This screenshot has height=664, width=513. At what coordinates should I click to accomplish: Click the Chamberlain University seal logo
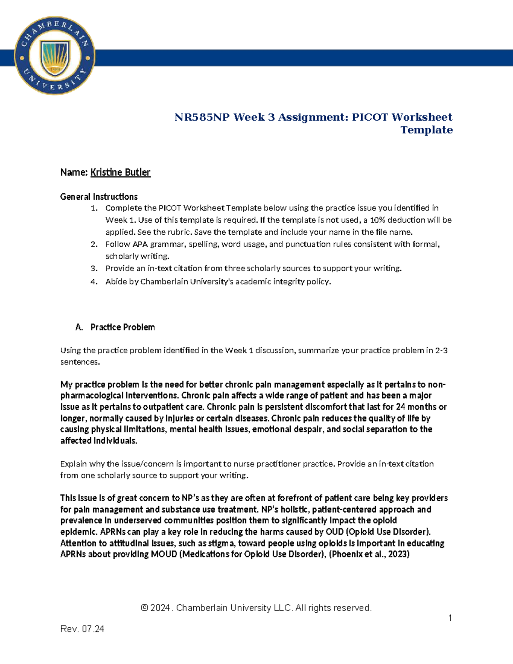tap(54, 56)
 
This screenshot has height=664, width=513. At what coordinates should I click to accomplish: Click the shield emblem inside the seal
tap(55, 57)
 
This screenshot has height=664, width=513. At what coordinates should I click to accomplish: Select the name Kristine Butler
tap(120, 172)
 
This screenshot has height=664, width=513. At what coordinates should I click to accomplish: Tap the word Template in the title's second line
tap(426, 130)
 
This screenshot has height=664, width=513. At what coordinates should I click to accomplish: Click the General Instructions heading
tap(99, 197)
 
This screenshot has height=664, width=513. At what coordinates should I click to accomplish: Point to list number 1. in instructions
tap(94, 208)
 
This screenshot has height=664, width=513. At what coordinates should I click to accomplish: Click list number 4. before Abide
tap(94, 282)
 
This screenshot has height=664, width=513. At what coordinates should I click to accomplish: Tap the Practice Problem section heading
tap(123, 327)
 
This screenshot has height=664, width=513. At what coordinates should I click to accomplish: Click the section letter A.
tap(79, 327)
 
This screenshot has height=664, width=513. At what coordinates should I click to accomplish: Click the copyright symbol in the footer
tap(144, 608)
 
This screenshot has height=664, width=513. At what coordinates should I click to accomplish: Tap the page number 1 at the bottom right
tap(450, 618)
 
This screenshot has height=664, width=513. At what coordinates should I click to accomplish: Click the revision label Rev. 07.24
tap(82, 629)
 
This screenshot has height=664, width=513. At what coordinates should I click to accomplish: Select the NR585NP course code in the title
tap(202, 117)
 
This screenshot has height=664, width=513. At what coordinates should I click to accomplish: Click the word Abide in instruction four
tap(116, 282)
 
